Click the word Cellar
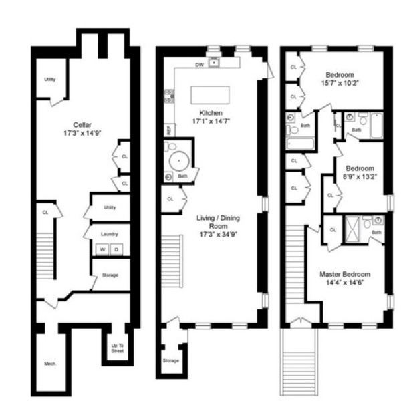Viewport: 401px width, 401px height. click(x=82, y=124)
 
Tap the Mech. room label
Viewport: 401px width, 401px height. click(x=50, y=364)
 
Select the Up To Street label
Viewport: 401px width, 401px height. click(x=117, y=348)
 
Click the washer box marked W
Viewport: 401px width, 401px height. click(x=102, y=250)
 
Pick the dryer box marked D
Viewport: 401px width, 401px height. click(x=116, y=250)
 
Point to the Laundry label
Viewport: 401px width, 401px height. click(x=110, y=234)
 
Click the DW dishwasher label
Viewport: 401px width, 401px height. click(x=199, y=65)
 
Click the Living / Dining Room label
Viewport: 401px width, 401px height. click(x=218, y=223)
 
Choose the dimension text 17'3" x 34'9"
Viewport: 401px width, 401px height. click(x=218, y=235)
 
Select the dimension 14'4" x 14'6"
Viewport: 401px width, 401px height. click(x=344, y=283)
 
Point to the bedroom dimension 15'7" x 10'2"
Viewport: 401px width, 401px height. click(x=340, y=84)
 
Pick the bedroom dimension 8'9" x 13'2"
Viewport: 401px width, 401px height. click(x=360, y=177)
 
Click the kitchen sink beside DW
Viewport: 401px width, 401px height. click(x=214, y=64)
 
